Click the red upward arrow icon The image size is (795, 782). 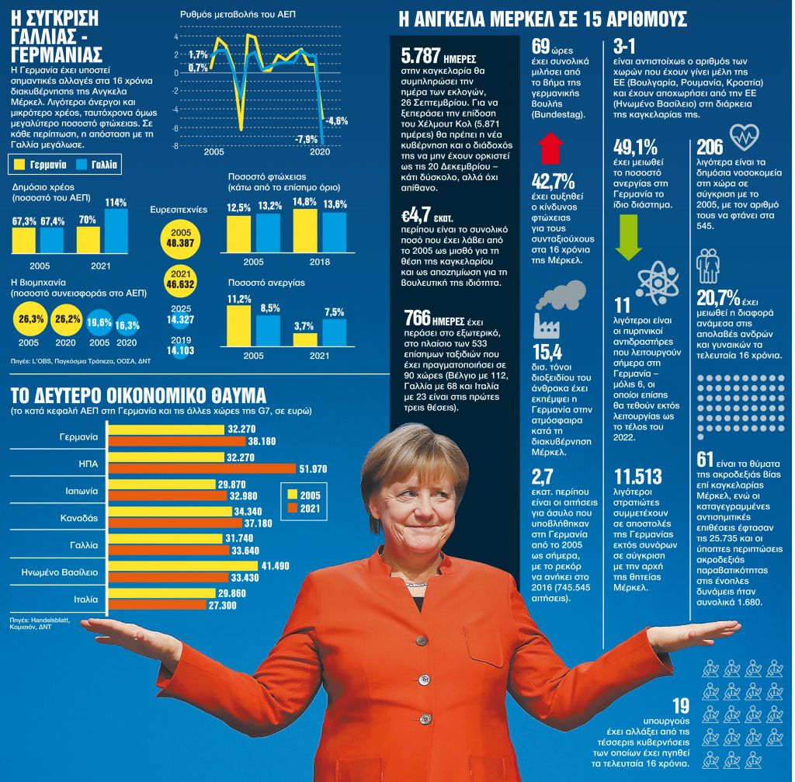coord(550,148)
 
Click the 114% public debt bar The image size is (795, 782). coord(116,231)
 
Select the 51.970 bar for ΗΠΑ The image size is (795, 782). coord(202,467)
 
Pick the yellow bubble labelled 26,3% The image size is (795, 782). coord(31,321)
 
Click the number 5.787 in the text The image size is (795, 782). coord(419,58)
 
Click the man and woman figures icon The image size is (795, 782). coord(708,266)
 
